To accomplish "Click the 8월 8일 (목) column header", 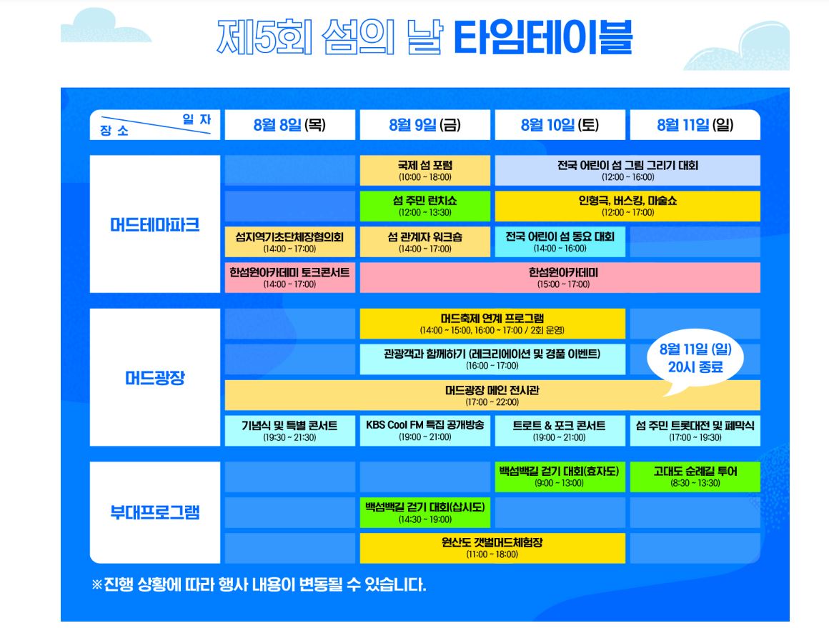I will [289, 125].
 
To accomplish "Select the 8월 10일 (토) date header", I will [560, 125].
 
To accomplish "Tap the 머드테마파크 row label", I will [154, 224].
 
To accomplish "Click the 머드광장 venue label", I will [154, 377].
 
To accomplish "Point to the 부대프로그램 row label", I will [154, 512].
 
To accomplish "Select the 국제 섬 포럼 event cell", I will [425, 171].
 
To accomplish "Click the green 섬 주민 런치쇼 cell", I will [425, 206].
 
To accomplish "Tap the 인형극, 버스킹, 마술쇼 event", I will [627, 206].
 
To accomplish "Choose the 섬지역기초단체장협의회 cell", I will [289, 241].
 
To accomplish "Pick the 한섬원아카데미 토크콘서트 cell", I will [289, 277].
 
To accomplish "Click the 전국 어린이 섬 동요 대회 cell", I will [560, 241].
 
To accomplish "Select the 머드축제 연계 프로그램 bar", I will [492, 324].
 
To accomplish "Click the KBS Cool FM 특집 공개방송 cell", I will [425, 430].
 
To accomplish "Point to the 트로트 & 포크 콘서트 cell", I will [560, 430].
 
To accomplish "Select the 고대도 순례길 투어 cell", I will [695, 477].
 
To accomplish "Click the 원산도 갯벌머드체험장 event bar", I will [492, 547].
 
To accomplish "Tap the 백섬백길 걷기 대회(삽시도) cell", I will [425, 512].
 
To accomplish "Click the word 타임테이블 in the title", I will [542, 38].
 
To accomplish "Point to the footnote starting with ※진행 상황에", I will [259, 584].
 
